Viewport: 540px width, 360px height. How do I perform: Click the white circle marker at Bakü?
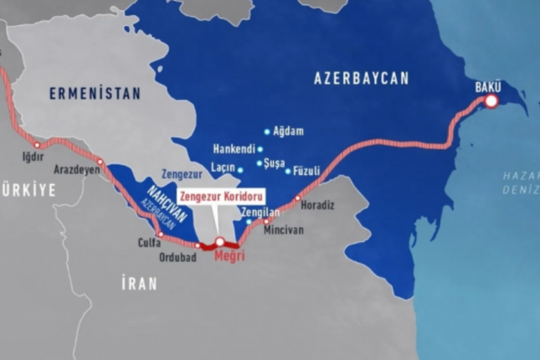(x=491, y=101)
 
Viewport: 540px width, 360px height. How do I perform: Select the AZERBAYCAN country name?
(x=361, y=79)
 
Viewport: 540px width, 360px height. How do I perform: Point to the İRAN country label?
(x=139, y=284)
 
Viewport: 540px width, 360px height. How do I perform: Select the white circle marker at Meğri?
(x=220, y=242)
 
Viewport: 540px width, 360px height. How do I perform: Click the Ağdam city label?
(x=288, y=131)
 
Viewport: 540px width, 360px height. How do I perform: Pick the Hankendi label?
(x=232, y=149)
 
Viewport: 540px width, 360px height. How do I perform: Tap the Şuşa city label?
(x=274, y=164)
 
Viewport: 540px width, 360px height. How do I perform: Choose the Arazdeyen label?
(x=77, y=170)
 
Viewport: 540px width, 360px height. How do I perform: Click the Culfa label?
(x=148, y=244)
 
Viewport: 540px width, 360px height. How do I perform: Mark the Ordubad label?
(x=178, y=257)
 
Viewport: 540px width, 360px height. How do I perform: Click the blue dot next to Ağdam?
(x=267, y=131)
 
